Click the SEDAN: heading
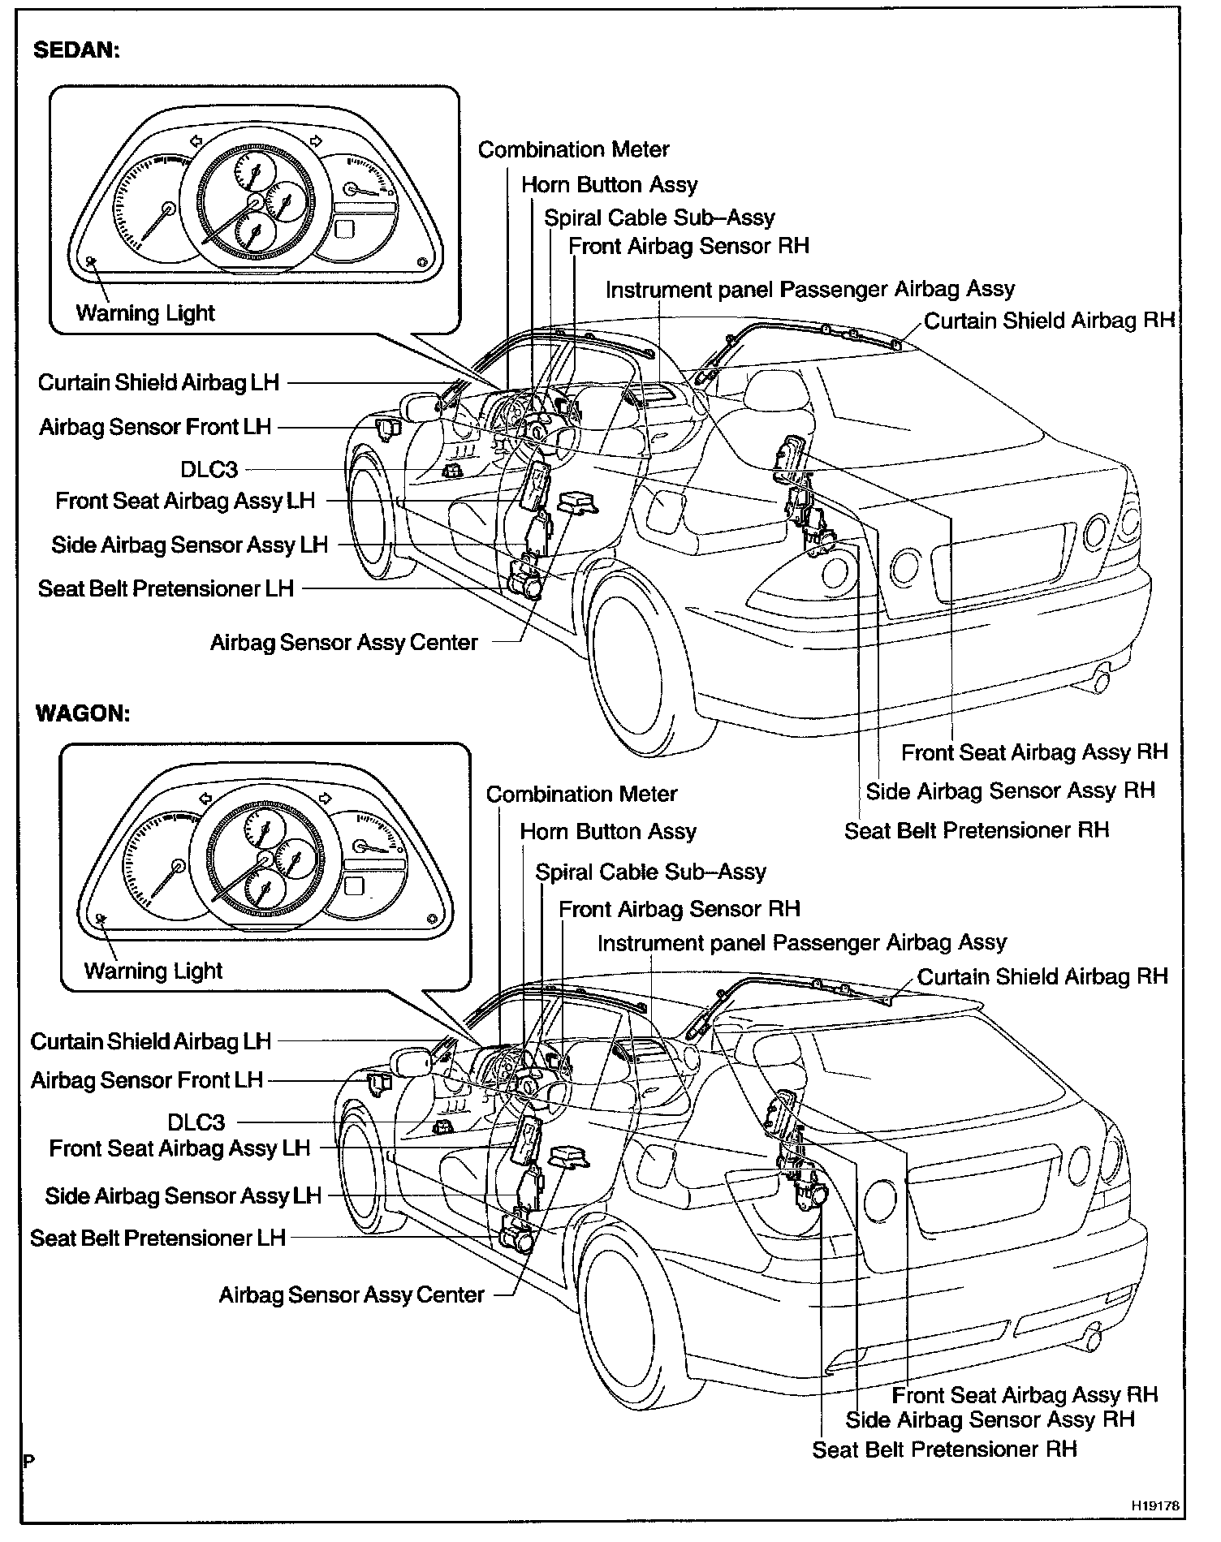(77, 50)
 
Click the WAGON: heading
(83, 713)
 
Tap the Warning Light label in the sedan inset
(145, 313)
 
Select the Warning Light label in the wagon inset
(153, 971)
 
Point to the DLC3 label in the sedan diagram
(209, 470)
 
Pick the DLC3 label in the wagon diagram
(196, 1122)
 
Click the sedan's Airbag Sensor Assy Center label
(344, 643)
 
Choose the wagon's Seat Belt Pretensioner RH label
(944, 1449)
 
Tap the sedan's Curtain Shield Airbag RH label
(1049, 321)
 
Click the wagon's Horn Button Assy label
(608, 832)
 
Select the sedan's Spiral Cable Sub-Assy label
(659, 218)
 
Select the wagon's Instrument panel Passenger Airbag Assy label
(801, 943)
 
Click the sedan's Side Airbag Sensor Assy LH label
(189, 545)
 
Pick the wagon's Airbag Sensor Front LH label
(147, 1081)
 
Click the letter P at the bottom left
(28, 1462)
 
